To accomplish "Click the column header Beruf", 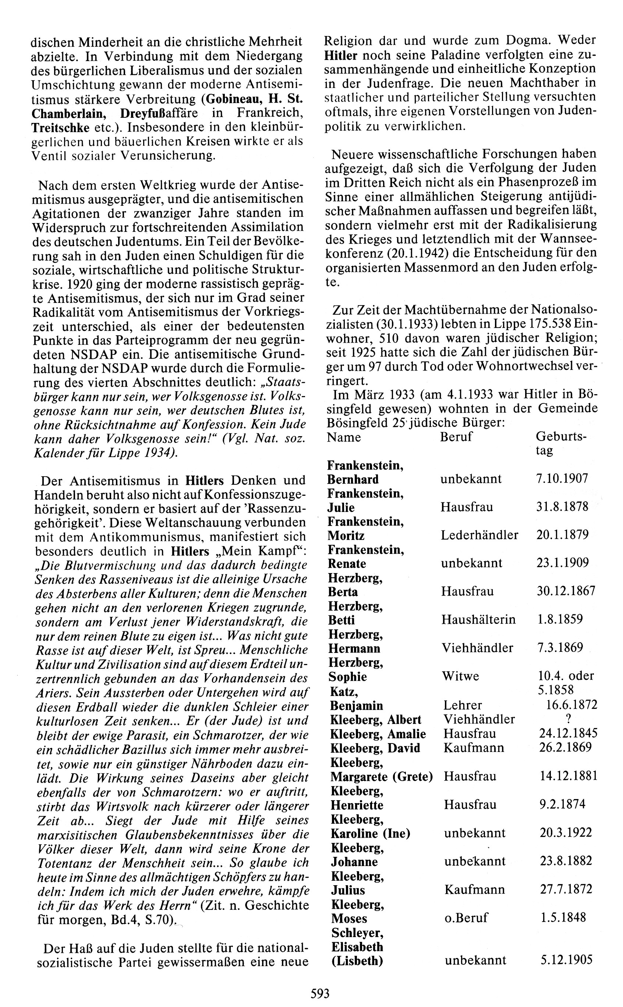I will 456,437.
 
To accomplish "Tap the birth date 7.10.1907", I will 562,478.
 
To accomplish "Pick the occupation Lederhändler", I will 479,535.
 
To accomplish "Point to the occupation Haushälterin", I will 478,620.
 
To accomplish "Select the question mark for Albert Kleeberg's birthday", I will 568,719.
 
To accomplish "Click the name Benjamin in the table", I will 357,706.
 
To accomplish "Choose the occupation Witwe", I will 460,676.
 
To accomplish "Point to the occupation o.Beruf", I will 466,918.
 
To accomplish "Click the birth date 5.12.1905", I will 567,960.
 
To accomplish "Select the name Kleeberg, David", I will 375,748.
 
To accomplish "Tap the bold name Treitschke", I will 60,127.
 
